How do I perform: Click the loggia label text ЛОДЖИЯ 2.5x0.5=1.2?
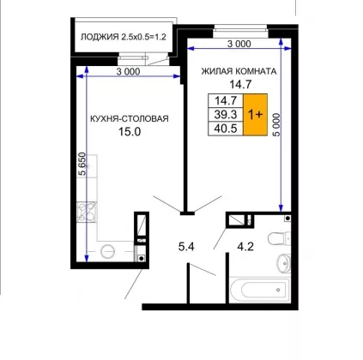(124, 37)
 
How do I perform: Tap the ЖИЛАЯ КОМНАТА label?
(239, 71)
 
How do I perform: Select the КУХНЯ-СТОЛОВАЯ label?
(130, 118)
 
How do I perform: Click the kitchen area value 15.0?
(130, 132)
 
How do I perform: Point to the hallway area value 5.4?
(186, 247)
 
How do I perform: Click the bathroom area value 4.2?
(245, 246)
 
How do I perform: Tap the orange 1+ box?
(255, 115)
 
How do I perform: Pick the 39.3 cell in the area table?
(226, 115)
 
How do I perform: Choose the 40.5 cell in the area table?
(226, 129)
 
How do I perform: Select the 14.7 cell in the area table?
(226, 100)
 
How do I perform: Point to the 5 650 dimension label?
(82, 164)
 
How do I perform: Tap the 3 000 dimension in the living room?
(239, 44)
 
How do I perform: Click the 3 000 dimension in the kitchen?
(128, 71)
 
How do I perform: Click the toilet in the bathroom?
(278, 238)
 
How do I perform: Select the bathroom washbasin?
(283, 262)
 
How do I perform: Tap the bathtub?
(260, 290)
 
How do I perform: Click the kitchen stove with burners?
(87, 212)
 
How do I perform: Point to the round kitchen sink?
(108, 251)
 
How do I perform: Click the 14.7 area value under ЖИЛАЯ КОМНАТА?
(240, 84)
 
